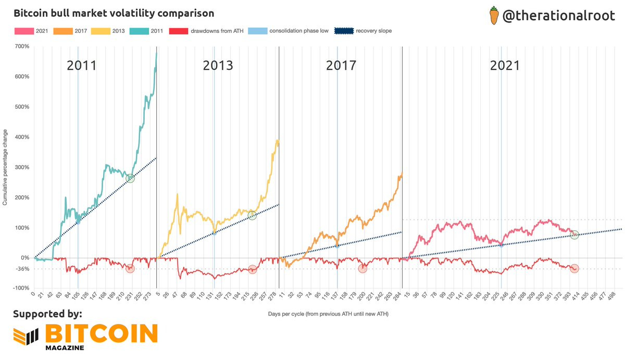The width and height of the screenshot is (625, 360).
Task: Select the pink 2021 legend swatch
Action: pyautogui.click(x=23, y=31)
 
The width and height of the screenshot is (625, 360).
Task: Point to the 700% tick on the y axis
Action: pyautogui.click(x=22, y=46)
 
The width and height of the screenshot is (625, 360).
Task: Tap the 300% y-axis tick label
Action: pyautogui.click(x=22, y=167)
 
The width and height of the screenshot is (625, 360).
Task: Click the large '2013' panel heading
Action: pyautogui.click(x=218, y=65)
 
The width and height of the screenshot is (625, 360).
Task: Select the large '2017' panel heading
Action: pyautogui.click(x=341, y=65)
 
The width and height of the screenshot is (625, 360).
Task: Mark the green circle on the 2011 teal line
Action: pyautogui.click(x=130, y=178)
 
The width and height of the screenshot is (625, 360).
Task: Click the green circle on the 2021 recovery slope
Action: pyautogui.click(x=574, y=235)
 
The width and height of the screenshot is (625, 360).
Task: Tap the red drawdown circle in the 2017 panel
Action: pyautogui.click(x=362, y=268)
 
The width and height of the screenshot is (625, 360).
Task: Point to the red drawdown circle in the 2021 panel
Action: pyautogui.click(x=574, y=268)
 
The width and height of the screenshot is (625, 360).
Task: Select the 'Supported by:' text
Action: pyautogui.click(x=47, y=314)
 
